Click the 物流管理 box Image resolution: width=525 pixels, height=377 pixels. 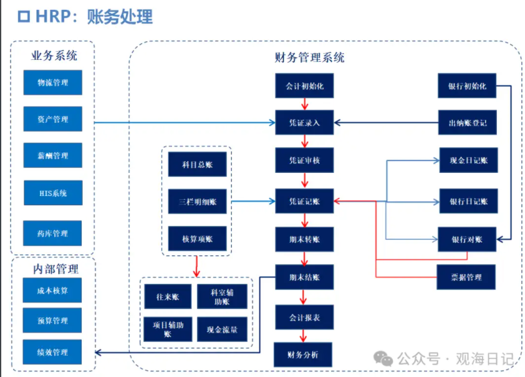(53, 82)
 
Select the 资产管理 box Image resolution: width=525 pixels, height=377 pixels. (53, 119)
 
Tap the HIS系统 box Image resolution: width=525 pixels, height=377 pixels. (53, 193)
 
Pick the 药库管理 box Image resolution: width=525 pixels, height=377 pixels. (53, 233)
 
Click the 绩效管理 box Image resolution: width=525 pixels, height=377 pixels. (53, 352)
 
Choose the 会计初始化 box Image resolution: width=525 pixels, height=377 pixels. (304, 86)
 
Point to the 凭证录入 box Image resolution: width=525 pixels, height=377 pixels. (304, 122)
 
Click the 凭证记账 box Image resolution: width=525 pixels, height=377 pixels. (304, 202)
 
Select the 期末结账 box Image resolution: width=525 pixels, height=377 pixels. (304, 277)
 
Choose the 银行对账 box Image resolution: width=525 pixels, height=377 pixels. (466, 239)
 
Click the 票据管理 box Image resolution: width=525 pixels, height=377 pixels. (466, 277)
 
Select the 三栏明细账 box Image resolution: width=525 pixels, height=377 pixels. (197, 202)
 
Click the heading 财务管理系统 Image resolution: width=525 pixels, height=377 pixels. (309, 57)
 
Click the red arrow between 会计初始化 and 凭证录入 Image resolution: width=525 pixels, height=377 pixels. (304, 104)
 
